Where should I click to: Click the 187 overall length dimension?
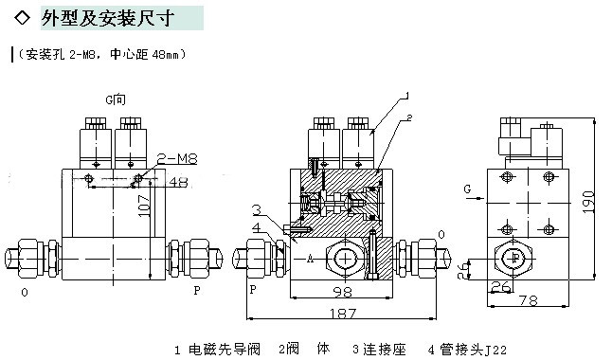tap(343, 314)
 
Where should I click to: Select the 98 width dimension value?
tap(342, 292)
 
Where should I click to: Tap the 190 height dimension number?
tap(588, 202)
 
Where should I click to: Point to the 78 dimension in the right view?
tap(529, 300)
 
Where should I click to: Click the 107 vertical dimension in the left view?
tap(144, 206)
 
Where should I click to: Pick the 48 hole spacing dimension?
tap(178, 182)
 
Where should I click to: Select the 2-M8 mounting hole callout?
tap(177, 158)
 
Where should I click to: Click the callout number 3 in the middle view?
tap(256, 209)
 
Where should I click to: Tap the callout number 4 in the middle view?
tap(256, 227)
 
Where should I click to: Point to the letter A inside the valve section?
tap(310, 258)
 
